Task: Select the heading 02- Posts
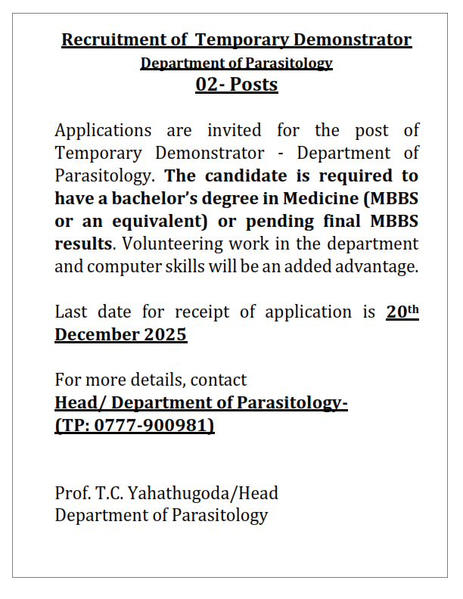(x=237, y=85)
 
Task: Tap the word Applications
(x=103, y=131)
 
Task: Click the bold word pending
(x=284, y=222)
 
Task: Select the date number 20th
(x=402, y=311)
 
